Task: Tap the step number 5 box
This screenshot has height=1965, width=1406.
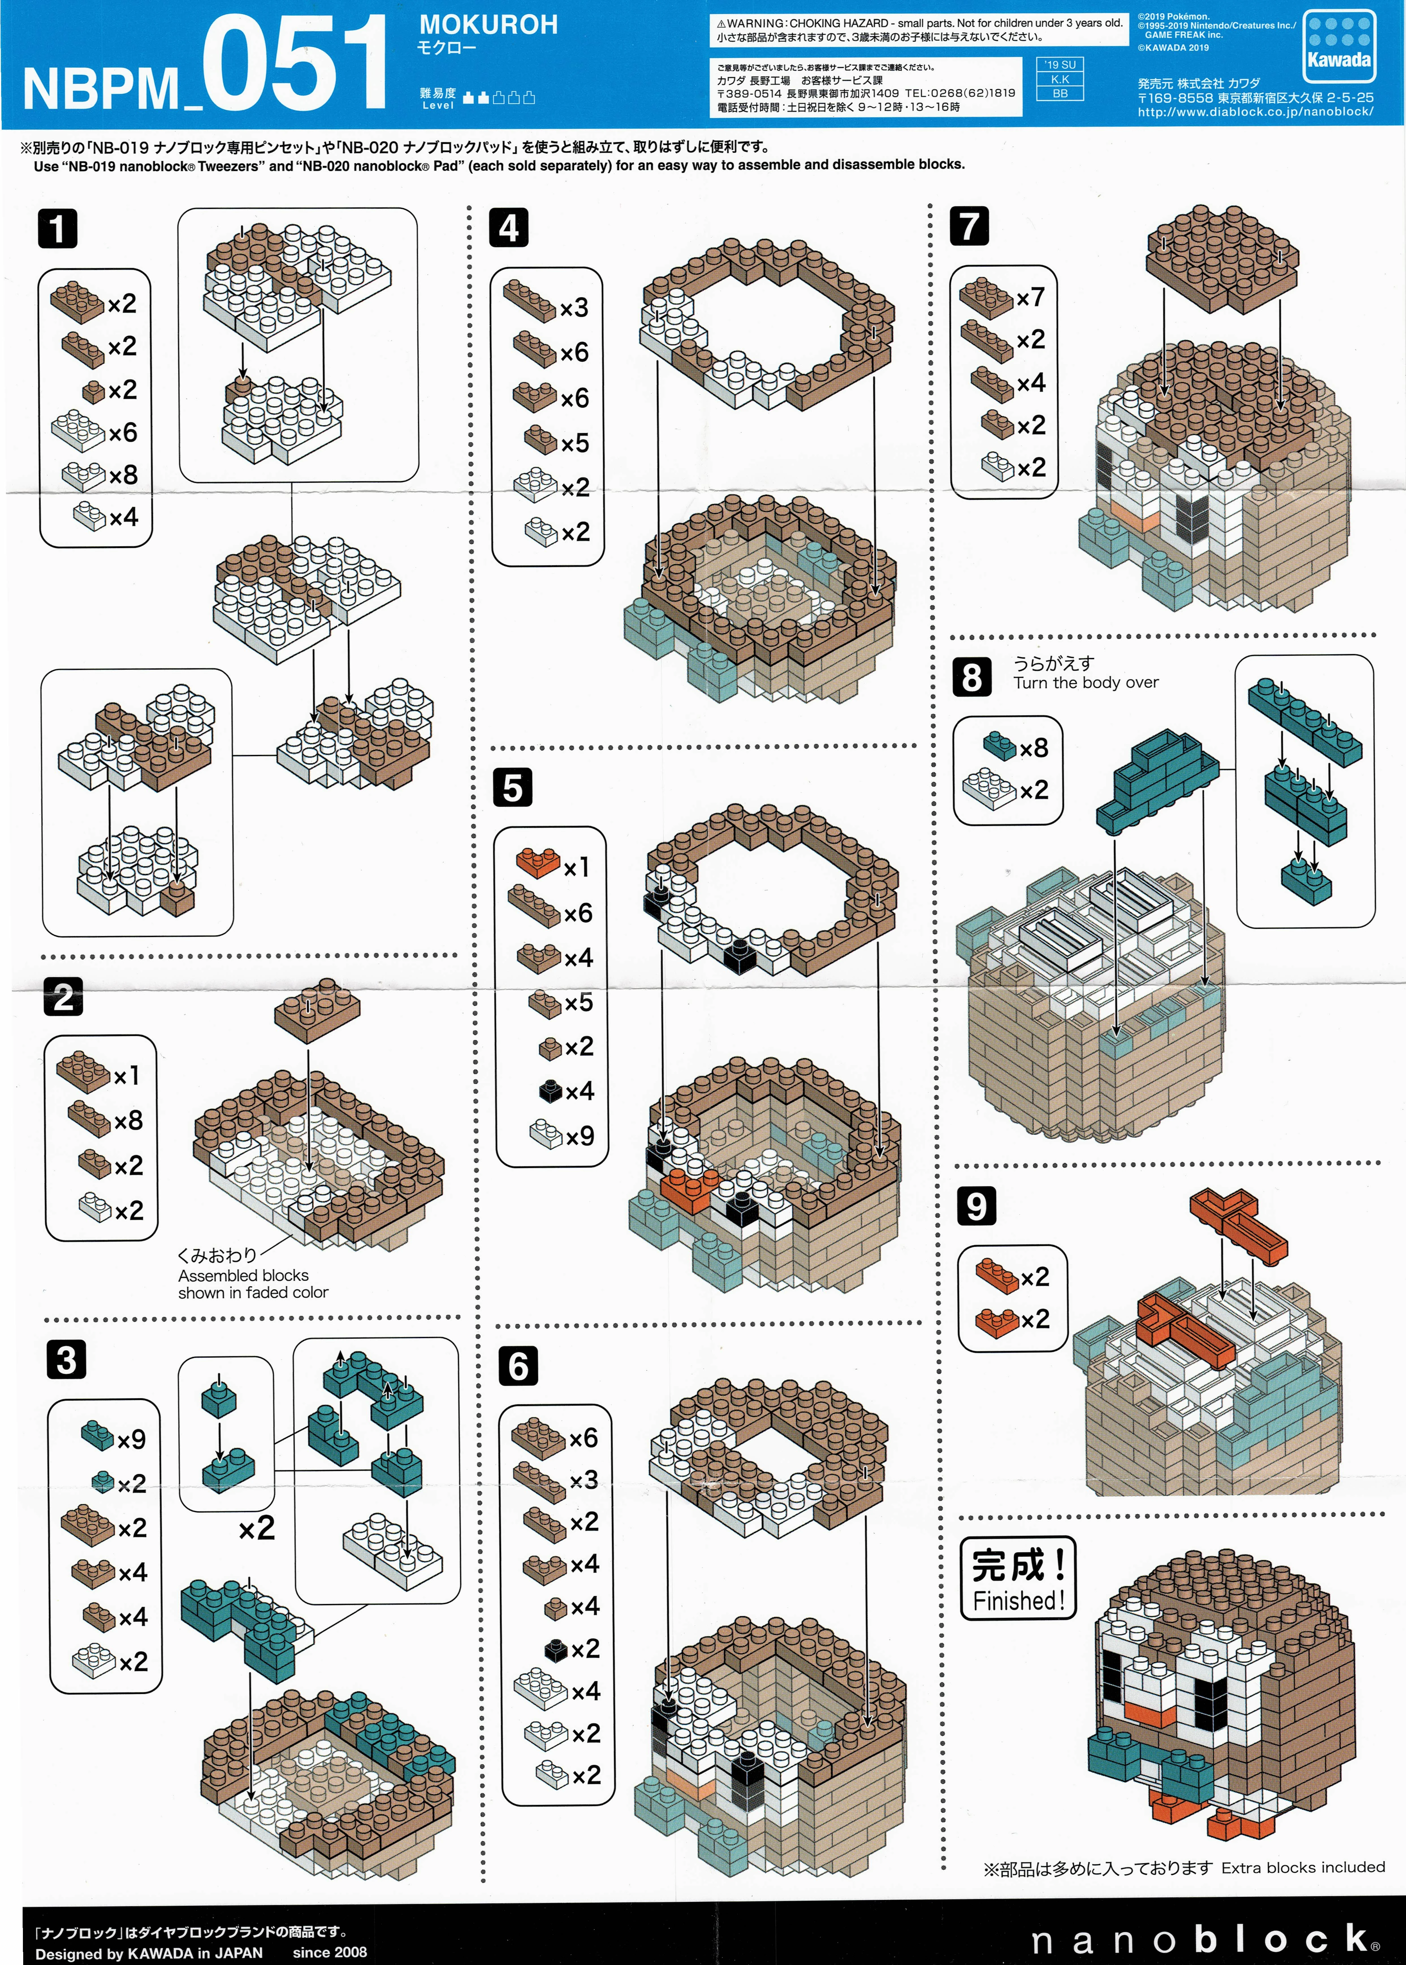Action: [513, 788]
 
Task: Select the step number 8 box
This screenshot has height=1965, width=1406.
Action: [971, 677]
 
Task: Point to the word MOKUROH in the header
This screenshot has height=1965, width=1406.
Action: [488, 25]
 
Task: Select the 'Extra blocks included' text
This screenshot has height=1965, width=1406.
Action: [1303, 1867]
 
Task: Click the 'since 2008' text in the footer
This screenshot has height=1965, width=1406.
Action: [330, 1952]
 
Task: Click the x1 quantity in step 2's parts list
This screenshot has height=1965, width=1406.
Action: [126, 1075]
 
